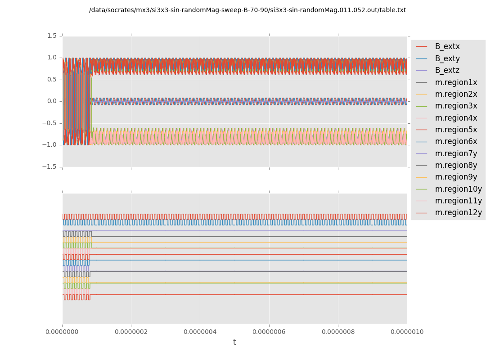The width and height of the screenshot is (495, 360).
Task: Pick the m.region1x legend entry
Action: [x=456, y=82]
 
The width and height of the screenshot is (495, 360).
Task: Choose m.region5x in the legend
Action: [x=456, y=130]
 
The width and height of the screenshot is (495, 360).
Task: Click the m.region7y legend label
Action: [x=456, y=153]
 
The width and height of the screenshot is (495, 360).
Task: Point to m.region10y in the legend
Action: [x=458, y=189]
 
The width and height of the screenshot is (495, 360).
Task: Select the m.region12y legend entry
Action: [x=458, y=212]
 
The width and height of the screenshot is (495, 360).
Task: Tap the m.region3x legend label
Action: [x=456, y=106]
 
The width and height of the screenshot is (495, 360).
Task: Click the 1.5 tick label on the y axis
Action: [x=52, y=36]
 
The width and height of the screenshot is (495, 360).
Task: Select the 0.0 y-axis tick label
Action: [x=52, y=101]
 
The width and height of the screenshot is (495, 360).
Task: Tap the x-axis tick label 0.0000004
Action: [x=200, y=332]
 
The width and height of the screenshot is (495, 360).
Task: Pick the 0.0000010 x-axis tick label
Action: [x=407, y=332]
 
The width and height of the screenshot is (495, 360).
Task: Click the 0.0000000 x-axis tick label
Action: [x=63, y=332]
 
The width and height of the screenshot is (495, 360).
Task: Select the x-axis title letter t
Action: [x=234, y=342]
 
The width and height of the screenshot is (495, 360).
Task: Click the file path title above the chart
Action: [x=247, y=10]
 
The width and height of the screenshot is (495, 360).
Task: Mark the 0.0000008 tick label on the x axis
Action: [x=338, y=332]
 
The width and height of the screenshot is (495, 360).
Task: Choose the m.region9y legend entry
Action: [x=456, y=177]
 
